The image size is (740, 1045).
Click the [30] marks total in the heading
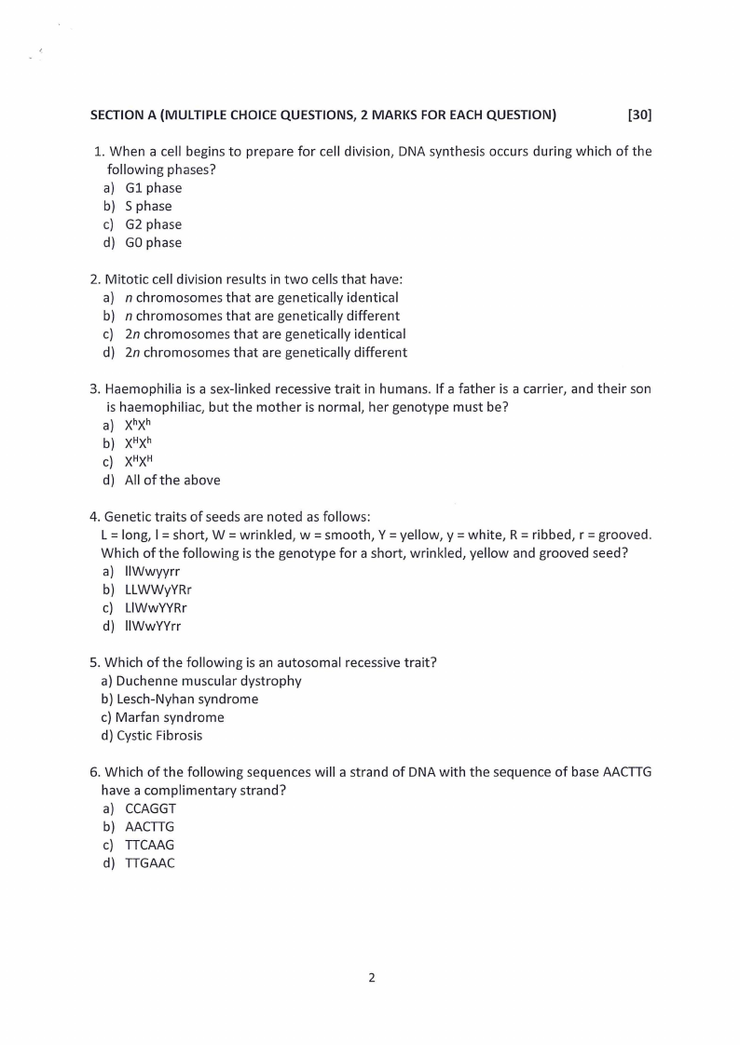[x=639, y=115]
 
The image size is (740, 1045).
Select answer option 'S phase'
[x=148, y=206]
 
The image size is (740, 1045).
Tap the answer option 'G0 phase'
[x=153, y=242]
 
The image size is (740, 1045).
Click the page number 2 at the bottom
[x=371, y=977]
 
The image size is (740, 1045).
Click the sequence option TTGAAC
[x=149, y=862]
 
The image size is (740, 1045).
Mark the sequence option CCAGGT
[x=150, y=808]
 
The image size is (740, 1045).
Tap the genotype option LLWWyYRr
[x=158, y=590]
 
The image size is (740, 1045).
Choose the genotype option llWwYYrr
[x=153, y=626]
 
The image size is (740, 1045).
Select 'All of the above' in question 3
[x=172, y=480]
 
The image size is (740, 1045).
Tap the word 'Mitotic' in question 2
[x=127, y=278]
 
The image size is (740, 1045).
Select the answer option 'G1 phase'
[x=153, y=187]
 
